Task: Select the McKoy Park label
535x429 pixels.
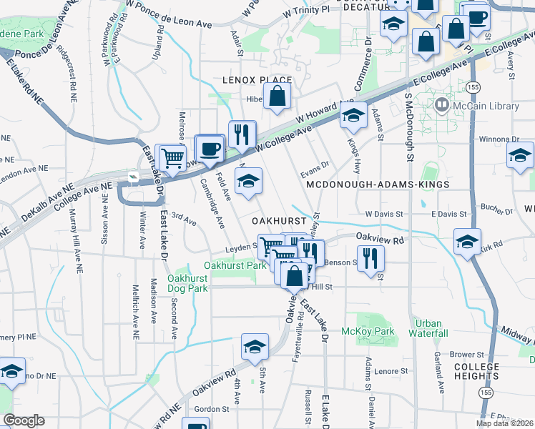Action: pos(378,331)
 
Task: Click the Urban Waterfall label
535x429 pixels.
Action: pos(429,328)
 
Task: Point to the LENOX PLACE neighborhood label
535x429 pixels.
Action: pos(257,80)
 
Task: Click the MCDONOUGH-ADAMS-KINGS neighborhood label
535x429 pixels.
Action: pos(377,184)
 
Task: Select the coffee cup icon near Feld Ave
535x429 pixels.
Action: pos(209,148)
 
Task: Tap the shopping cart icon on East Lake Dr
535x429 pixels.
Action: pos(172,157)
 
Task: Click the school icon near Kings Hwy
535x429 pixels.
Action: pos(353,114)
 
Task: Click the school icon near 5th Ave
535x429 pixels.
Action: pos(254,347)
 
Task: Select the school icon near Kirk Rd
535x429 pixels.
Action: pos(466,241)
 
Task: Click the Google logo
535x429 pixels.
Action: pos(24,420)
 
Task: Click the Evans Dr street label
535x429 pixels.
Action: pos(314,164)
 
